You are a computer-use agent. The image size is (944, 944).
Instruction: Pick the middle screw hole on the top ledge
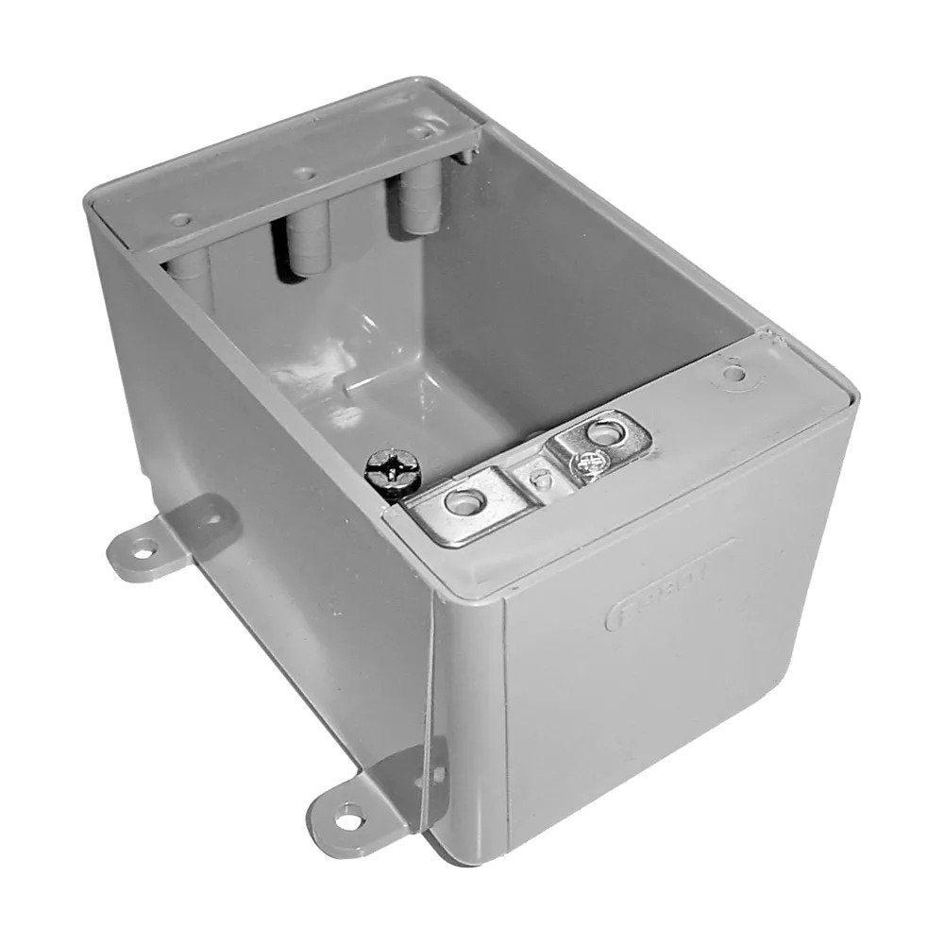point(304,174)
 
